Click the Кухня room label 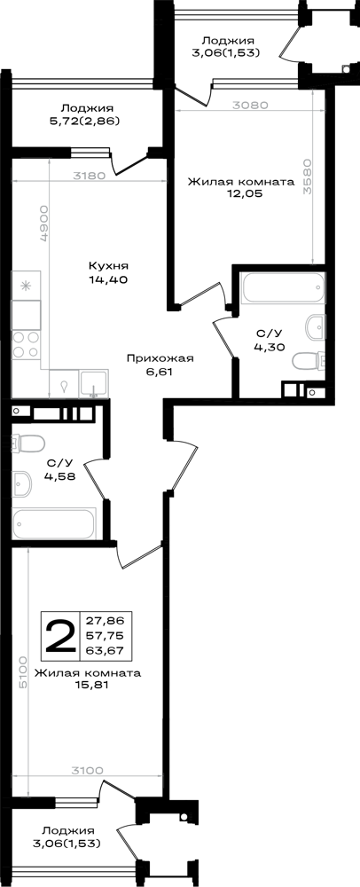click(x=108, y=265)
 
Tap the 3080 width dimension click(x=248, y=105)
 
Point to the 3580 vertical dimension click(x=307, y=176)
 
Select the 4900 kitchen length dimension click(x=43, y=224)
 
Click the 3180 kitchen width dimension click(x=89, y=176)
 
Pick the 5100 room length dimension click(x=22, y=672)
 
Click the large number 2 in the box click(x=60, y=636)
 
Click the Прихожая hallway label click(x=160, y=357)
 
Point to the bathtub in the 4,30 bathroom click(x=283, y=288)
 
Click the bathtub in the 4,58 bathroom click(x=54, y=523)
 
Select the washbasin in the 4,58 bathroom click(x=23, y=483)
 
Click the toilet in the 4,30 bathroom click(x=308, y=360)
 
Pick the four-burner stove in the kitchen click(x=27, y=344)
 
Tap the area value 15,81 click(x=87, y=685)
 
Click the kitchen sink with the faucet click(x=94, y=384)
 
